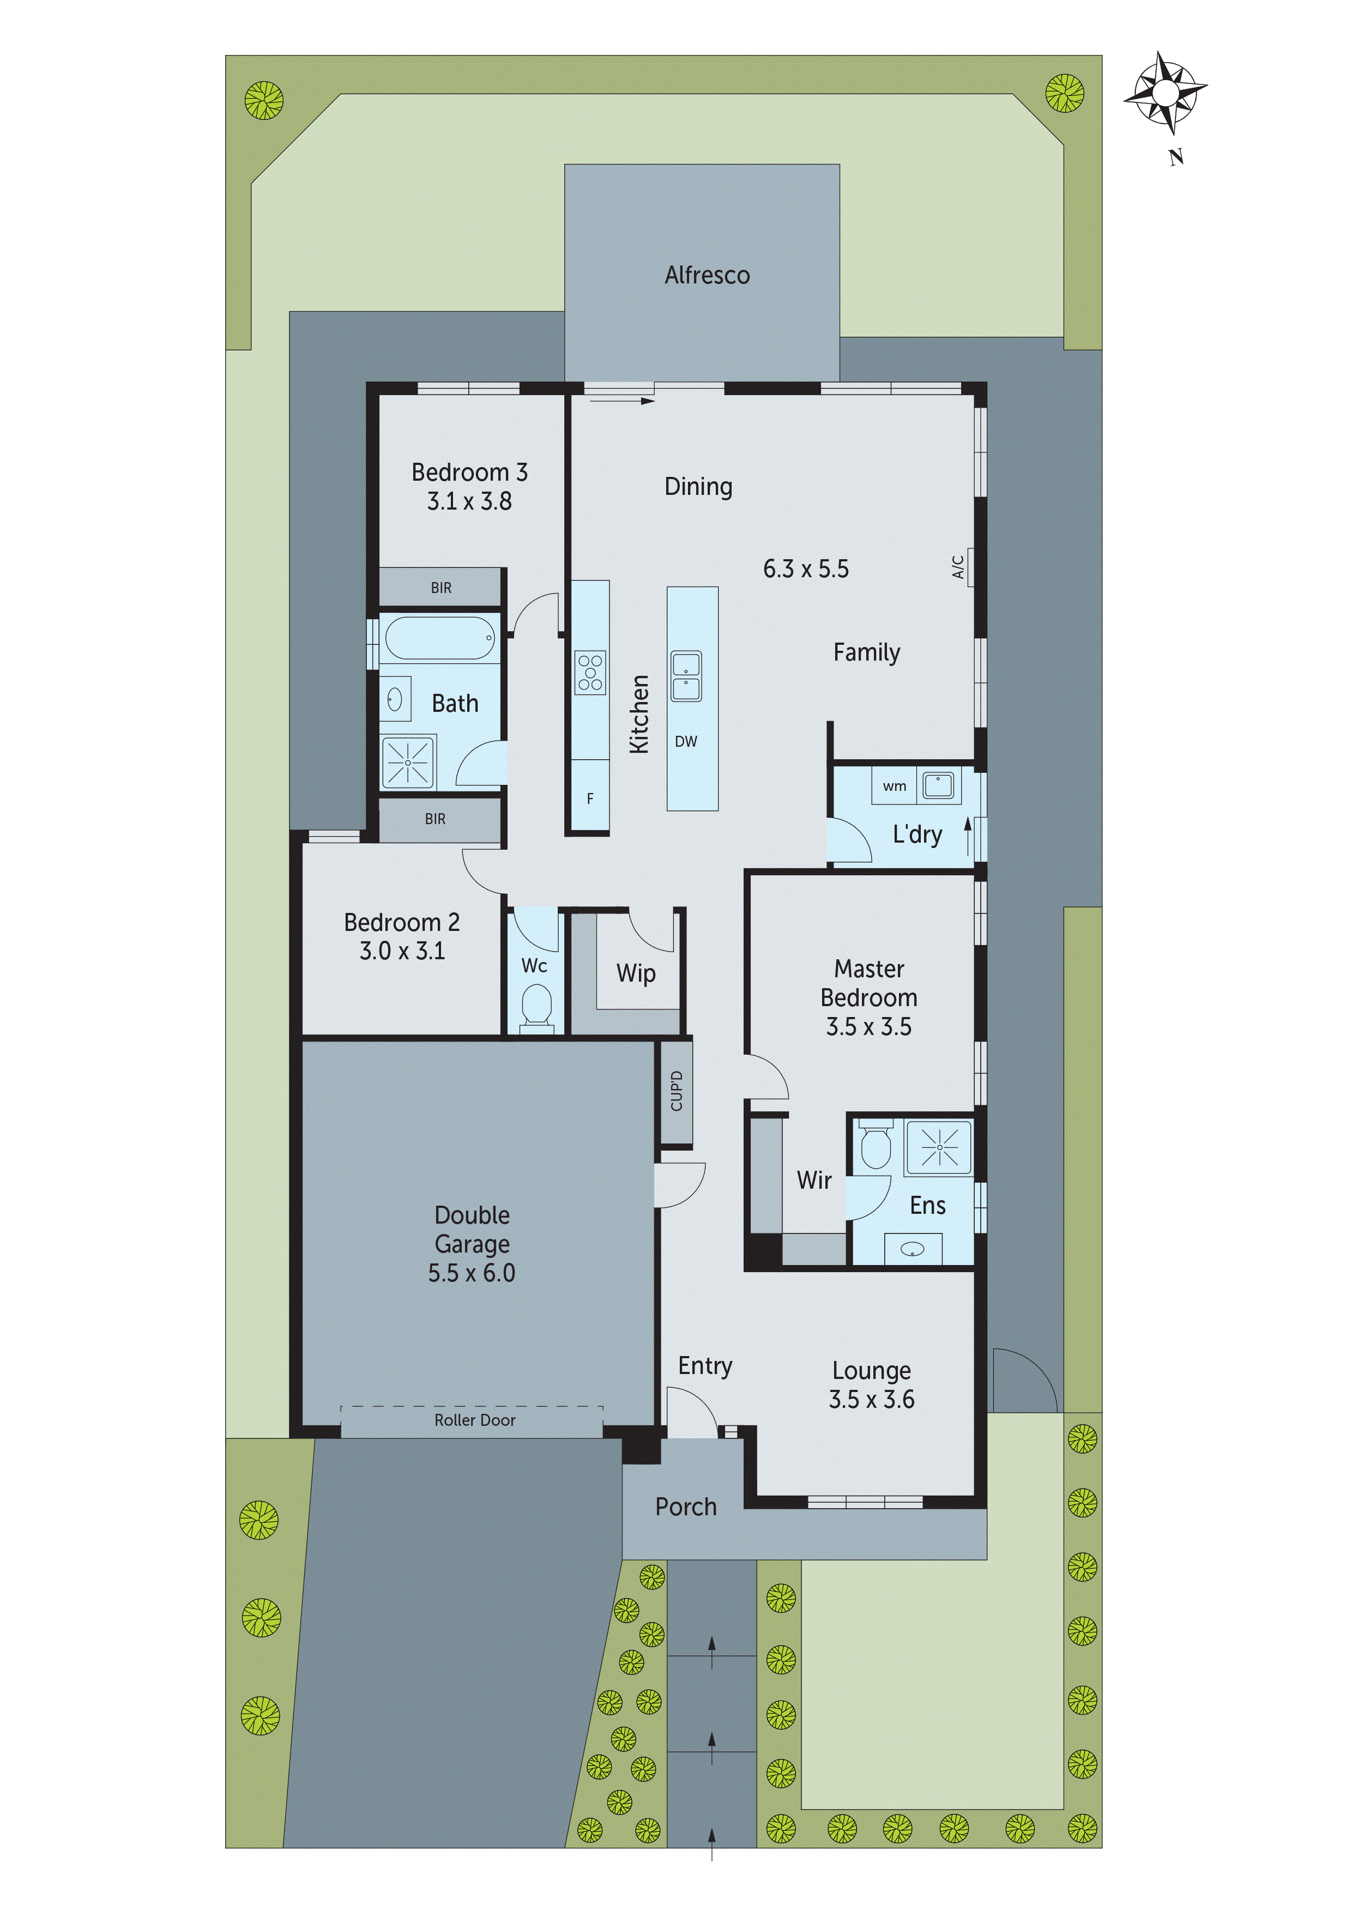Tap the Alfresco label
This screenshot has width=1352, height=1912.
tap(707, 276)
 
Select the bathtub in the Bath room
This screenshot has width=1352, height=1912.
tap(440, 638)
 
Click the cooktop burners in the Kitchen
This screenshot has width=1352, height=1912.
tap(590, 673)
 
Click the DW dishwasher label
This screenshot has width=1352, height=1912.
tap(686, 741)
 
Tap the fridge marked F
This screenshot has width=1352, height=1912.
tap(590, 798)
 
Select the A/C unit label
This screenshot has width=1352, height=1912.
tap(958, 567)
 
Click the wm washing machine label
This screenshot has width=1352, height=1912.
tap(894, 786)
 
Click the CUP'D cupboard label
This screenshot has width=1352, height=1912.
tap(677, 1091)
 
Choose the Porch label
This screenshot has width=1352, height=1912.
tap(686, 1506)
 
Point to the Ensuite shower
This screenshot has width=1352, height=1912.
tap(939, 1147)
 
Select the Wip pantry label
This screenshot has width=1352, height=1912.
tap(636, 973)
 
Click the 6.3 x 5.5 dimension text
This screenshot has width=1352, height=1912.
tap(806, 569)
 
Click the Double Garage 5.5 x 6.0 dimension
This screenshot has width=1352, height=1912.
tap(472, 1273)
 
